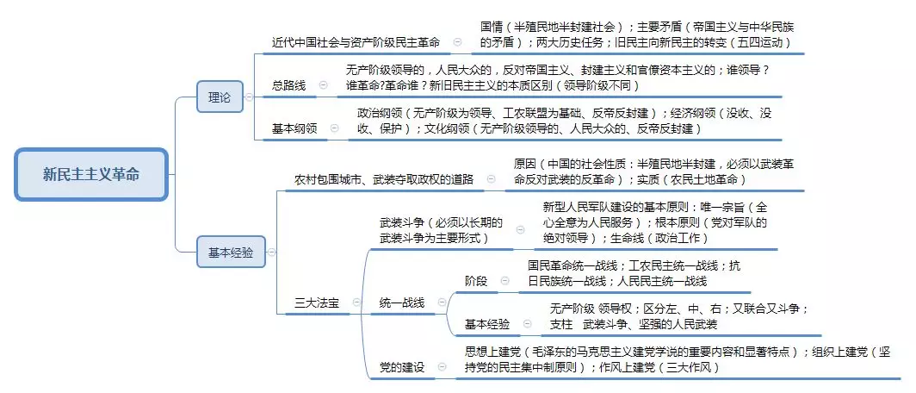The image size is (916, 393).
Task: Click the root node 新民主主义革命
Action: tap(92, 174)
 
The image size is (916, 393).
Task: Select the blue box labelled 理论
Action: tap(219, 97)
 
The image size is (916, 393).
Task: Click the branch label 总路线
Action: tap(288, 85)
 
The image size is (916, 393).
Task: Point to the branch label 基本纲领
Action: tap(294, 128)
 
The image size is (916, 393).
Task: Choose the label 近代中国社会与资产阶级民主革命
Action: tap(356, 42)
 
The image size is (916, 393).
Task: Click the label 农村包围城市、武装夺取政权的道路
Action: tap(384, 179)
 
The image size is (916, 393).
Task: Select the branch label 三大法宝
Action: tap(316, 303)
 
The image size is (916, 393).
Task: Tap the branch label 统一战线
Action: tap(402, 303)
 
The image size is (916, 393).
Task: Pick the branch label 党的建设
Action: tap(402, 367)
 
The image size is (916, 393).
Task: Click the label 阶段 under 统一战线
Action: tap(475, 281)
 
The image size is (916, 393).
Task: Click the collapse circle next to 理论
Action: tap(250, 97)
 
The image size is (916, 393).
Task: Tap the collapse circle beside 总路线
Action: tap(323, 85)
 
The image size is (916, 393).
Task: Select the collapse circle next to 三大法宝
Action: tap(357, 303)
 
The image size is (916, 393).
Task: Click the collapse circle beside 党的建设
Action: tap(443, 366)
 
